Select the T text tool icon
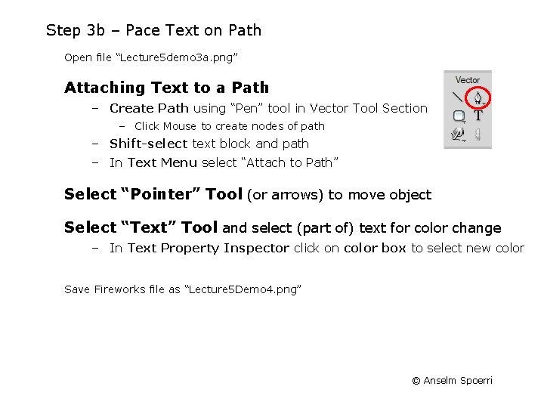point(478,116)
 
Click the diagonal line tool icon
point(457,97)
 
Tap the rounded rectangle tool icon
point(459,116)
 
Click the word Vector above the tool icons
point(468,79)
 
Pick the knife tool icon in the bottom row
point(478,135)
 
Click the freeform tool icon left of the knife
point(458,135)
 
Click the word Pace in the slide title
point(144,31)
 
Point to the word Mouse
point(179,126)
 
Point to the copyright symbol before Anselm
point(416,381)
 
